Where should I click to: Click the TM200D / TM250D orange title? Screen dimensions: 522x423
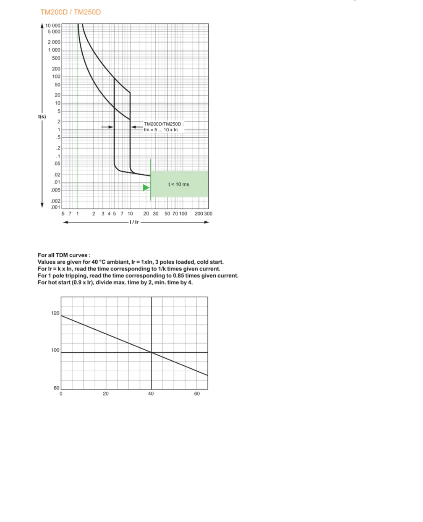click(x=71, y=12)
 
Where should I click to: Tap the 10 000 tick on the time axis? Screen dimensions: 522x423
click(x=53, y=26)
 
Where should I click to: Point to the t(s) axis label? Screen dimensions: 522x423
click(x=42, y=117)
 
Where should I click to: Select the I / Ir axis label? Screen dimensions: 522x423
click(x=134, y=222)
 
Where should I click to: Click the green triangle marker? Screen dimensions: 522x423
click(x=146, y=188)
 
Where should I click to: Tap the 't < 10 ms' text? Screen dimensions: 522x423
click(x=179, y=184)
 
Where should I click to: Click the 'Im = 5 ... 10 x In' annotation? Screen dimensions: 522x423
click(x=161, y=130)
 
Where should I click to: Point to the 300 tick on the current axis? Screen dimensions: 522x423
click(x=208, y=214)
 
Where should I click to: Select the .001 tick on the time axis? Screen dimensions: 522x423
click(x=55, y=208)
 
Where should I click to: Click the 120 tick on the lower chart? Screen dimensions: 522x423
click(x=55, y=313)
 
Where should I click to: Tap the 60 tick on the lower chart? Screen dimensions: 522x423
click(x=197, y=394)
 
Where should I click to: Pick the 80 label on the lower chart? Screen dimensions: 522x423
click(x=57, y=388)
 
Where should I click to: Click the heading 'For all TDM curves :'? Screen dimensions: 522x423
click(x=64, y=255)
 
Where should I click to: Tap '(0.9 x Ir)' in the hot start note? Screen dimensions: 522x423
click(x=83, y=283)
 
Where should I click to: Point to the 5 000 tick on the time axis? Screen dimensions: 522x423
click(x=54, y=32)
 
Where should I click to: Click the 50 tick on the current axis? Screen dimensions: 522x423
click(x=167, y=214)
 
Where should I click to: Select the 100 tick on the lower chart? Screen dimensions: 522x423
click(x=55, y=350)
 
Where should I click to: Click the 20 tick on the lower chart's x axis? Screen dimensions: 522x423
click(x=105, y=394)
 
